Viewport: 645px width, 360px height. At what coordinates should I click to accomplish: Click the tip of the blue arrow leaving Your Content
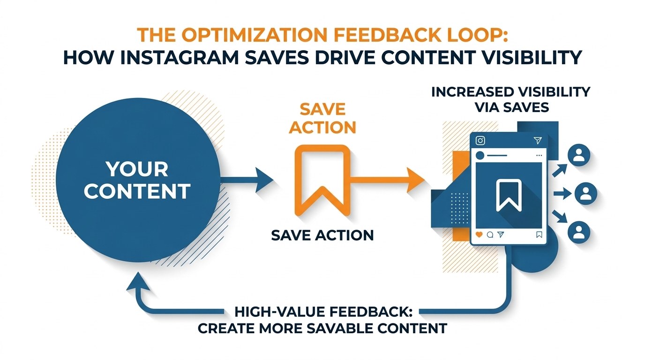pos(273,180)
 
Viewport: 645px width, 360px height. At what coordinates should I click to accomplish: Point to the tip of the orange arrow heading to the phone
pos(425,180)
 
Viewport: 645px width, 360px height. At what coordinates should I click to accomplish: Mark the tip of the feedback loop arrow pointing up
pos(138,272)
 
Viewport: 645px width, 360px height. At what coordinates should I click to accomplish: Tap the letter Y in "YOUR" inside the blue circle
pos(112,169)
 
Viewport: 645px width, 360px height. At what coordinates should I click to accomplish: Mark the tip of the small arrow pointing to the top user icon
pos(567,164)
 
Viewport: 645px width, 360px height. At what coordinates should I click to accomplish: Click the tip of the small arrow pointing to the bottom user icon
pos(567,222)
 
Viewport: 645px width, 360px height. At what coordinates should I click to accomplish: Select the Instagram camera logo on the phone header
pos(480,141)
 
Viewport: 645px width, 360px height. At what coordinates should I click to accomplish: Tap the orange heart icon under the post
pos(479,234)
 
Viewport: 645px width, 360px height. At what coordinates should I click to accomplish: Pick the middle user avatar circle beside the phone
pos(585,194)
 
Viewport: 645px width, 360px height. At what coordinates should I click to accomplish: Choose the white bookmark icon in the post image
pos(509,195)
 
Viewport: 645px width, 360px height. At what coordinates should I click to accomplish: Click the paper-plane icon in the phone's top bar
pos(537,140)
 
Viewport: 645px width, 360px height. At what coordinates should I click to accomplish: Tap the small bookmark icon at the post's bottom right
pos(539,234)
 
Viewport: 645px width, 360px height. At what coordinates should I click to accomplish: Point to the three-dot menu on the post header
pos(539,156)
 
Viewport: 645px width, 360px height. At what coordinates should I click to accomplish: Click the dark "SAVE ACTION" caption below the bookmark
pos(322,235)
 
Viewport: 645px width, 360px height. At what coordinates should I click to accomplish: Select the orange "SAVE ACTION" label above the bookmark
pos(322,119)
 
